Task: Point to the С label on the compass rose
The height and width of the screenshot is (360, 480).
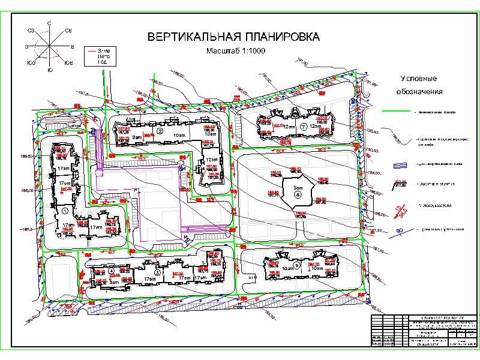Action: [x=49, y=22]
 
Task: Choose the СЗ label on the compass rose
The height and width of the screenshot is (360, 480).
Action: [x=29, y=29]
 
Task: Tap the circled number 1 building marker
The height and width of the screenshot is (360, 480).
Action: [x=64, y=211]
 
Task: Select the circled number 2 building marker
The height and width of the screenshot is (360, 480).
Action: [x=160, y=130]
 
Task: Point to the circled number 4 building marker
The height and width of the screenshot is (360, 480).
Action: [x=112, y=271]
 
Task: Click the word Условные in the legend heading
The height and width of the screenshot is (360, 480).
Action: [x=419, y=79]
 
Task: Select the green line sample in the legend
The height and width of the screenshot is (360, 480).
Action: [x=398, y=112]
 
